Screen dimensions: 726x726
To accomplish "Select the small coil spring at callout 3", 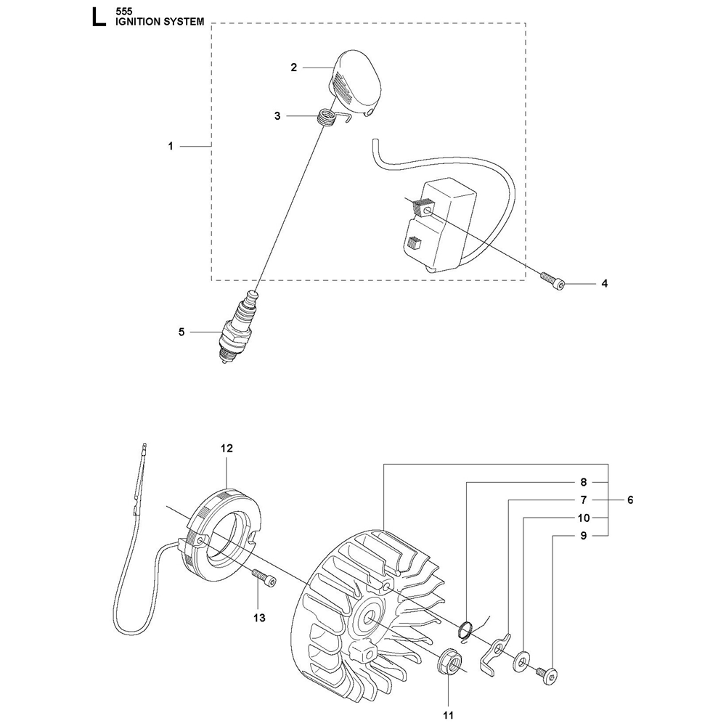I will click(x=329, y=116).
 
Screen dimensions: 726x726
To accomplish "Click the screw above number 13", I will click(x=265, y=579).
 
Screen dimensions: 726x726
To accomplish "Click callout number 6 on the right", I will click(x=630, y=499).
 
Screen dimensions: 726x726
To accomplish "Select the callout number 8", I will click(x=582, y=481).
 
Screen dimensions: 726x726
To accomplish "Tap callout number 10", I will click(x=582, y=518).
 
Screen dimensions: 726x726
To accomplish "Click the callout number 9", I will click(x=582, y=537).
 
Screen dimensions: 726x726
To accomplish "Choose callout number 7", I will click(x=582, y=499).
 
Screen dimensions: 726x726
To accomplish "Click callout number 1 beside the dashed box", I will click(x=171, y=146).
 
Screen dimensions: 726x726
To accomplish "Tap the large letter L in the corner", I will click(x=97, y=17).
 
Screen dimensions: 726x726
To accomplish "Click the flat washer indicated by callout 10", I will click(x=521, y=644).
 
